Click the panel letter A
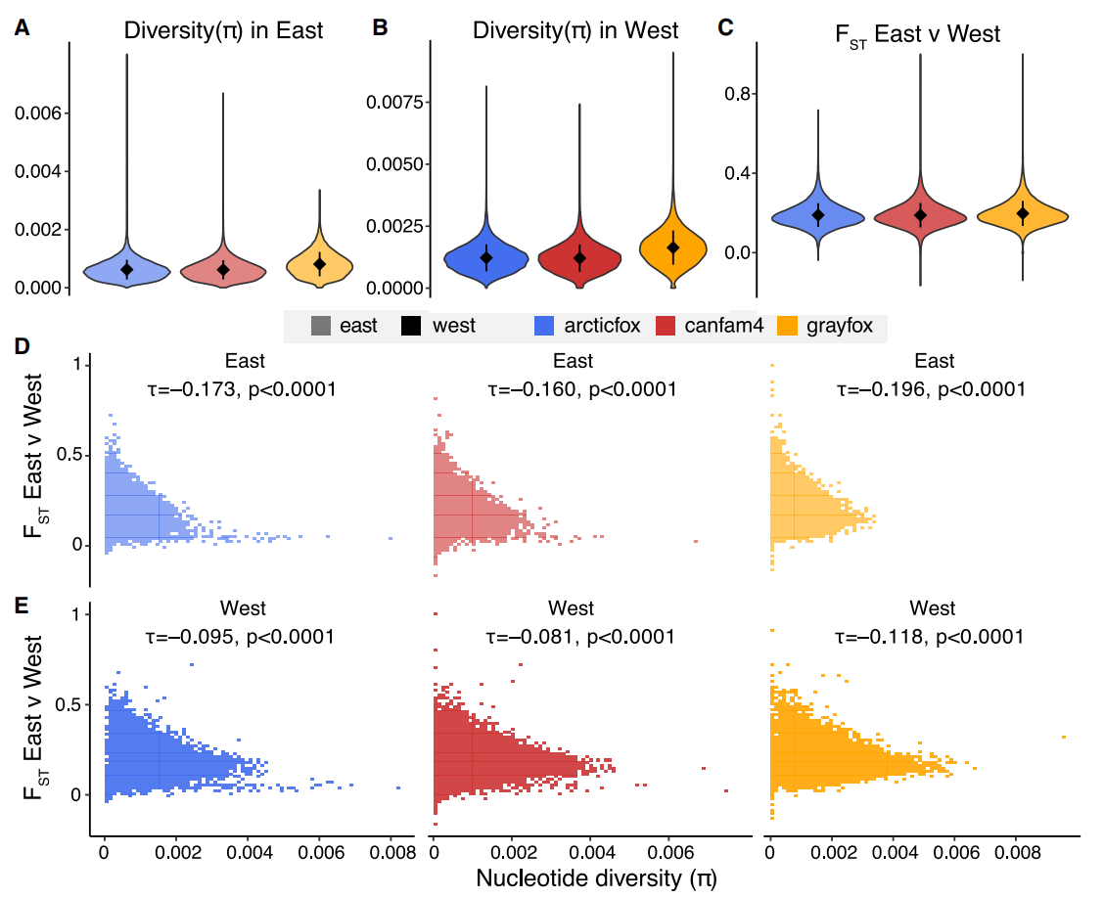coord(22,29)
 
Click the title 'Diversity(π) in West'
coord(575,31)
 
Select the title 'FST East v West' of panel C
coord(917,35)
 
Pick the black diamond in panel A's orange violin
coord(319,263)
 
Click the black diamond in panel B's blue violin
coord(486,257)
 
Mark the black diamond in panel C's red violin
coord(919,214)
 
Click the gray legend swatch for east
coord(319,326)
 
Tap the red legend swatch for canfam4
coord(667,326)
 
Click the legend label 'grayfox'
coord(840,326)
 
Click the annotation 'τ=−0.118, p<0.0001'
coord(931,637)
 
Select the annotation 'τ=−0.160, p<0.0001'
coord(582,389)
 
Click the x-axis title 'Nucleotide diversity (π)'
coord(596,877)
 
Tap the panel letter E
coord(22,606)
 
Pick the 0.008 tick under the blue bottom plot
coord(391,851)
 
